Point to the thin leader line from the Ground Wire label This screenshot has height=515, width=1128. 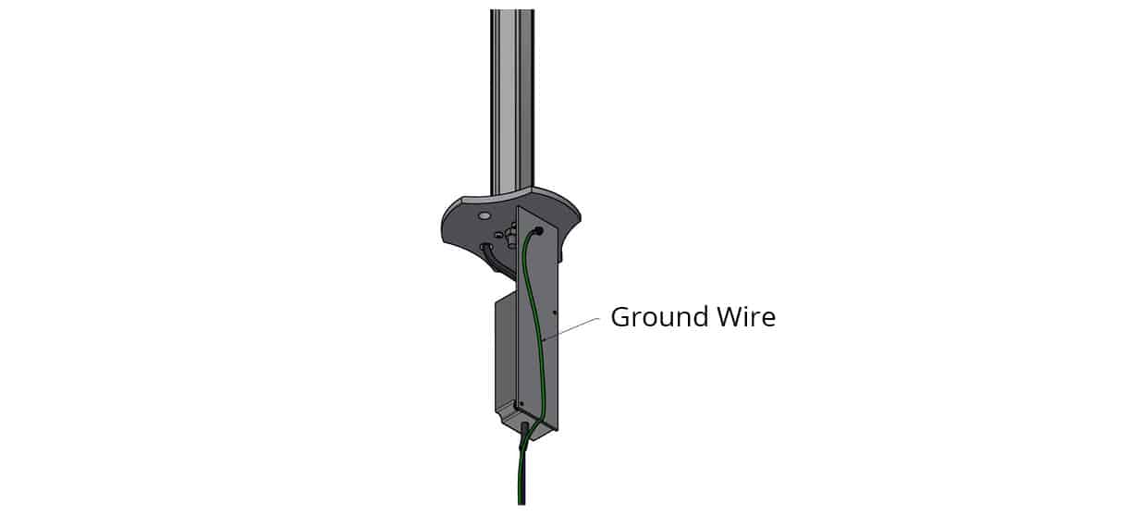pos(570,329)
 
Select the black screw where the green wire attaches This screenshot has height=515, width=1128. pos(538,231)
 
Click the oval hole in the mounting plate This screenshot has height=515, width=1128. pos(484,216)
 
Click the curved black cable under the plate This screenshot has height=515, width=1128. pos(494,259)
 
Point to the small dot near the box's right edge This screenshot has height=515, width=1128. pos(555,313)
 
